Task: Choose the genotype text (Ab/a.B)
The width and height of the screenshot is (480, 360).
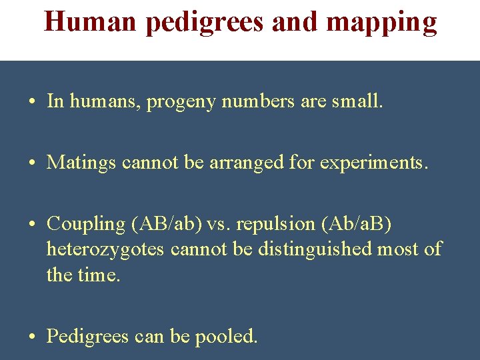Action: point(357,224)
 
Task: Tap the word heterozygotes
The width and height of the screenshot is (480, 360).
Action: point(106,249)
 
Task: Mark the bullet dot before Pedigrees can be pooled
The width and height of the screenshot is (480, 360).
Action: point(33,337)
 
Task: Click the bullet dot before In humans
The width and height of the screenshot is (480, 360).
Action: point(33,102)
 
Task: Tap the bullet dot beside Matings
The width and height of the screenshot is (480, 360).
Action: point(33,163)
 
